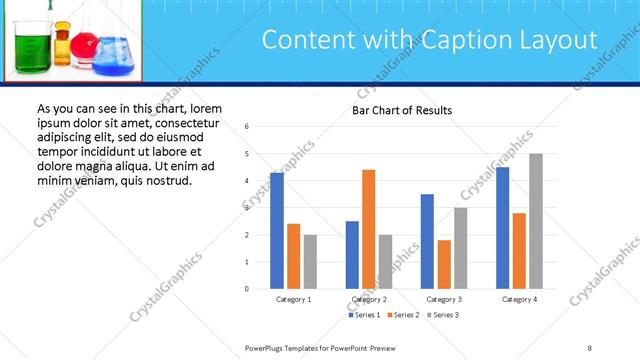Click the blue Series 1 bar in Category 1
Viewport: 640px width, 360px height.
277,231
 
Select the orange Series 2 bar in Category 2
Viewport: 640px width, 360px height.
368,229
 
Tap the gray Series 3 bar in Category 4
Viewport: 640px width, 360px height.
536,221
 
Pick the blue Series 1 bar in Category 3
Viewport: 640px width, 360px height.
427,241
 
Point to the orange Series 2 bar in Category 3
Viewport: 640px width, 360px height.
444,264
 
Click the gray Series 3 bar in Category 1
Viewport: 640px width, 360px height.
310,262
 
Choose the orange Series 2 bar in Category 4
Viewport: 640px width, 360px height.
519,250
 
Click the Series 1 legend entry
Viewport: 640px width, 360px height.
365,315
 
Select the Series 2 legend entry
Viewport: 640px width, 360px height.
402,315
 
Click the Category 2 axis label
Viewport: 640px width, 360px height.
369,299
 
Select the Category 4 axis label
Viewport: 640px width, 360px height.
519,299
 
